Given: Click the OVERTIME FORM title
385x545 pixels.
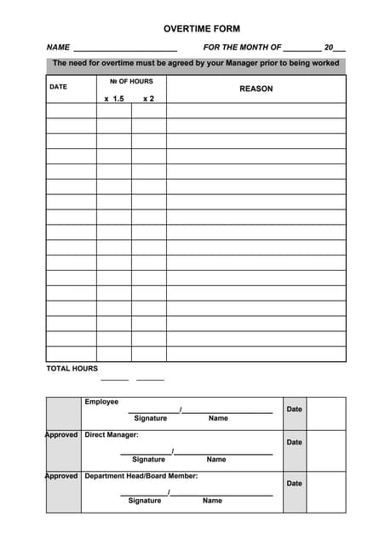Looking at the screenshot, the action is pyautogui.click(x=202, y=29).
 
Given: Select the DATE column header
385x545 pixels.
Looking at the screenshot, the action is pyautogui.click(x=58, y=87).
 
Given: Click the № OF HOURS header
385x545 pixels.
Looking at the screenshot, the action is pyautogui.click(x=131, y=82).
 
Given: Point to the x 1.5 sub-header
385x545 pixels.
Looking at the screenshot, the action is pyautogui.click(x=114, y=99).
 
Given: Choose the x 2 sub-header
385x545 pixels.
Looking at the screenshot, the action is pyautogui.click(x=148, y=99).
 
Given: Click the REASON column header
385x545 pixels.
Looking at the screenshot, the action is pyautogui.click(x=256, y=89).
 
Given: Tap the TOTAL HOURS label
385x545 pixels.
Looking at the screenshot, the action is pyautogui.click(x=72, y=369).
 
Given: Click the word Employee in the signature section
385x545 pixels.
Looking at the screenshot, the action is pyautogui.click(x=101, y=402).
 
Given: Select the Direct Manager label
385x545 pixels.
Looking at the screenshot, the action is pyautogui.click(x=112, y=435).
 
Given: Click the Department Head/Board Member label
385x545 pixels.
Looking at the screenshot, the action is pyautogui.click(x=141, y=476).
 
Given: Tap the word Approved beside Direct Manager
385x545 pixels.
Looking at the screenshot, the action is pyautogui.click(x=61, y=435).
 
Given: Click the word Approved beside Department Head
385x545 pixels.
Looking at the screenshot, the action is pyautogui.click(x=61, y=476).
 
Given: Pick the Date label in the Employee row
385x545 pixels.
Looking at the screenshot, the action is pyautogui.click(x=294, y=410).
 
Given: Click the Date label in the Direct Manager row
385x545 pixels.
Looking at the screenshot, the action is pyautogui.click(x=294, y=443).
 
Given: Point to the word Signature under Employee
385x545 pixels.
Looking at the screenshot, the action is pyautogui.click(x=151, y=418).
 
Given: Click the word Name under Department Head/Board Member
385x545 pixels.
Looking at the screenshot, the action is pyautogui.click(x=212, y=501).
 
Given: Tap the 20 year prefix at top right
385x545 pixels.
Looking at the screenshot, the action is pyautogui.click(x=329, y=48).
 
